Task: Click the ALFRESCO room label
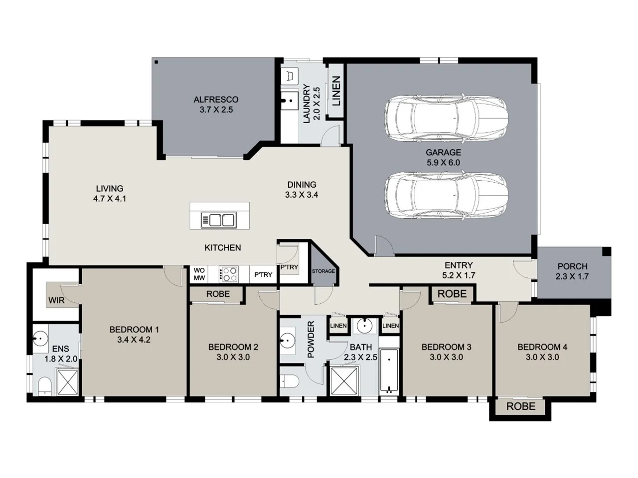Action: tap(216, 100)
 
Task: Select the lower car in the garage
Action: tap(446, 195)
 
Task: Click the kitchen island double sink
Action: tap(218, 220)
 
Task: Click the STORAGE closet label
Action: tap(323, 271)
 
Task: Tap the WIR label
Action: tap(56, 300)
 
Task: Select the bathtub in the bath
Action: tap(388, 371)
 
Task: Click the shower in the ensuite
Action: tap(67, 382)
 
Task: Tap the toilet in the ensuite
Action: tap(44, 386)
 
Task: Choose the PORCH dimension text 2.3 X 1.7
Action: tap(572, 277)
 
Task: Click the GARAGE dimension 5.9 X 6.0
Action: tap(443, 163)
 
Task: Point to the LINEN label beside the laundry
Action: tap(336, 91)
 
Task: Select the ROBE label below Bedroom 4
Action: tap(520, 406)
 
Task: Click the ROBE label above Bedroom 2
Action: tap(218, 294)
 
